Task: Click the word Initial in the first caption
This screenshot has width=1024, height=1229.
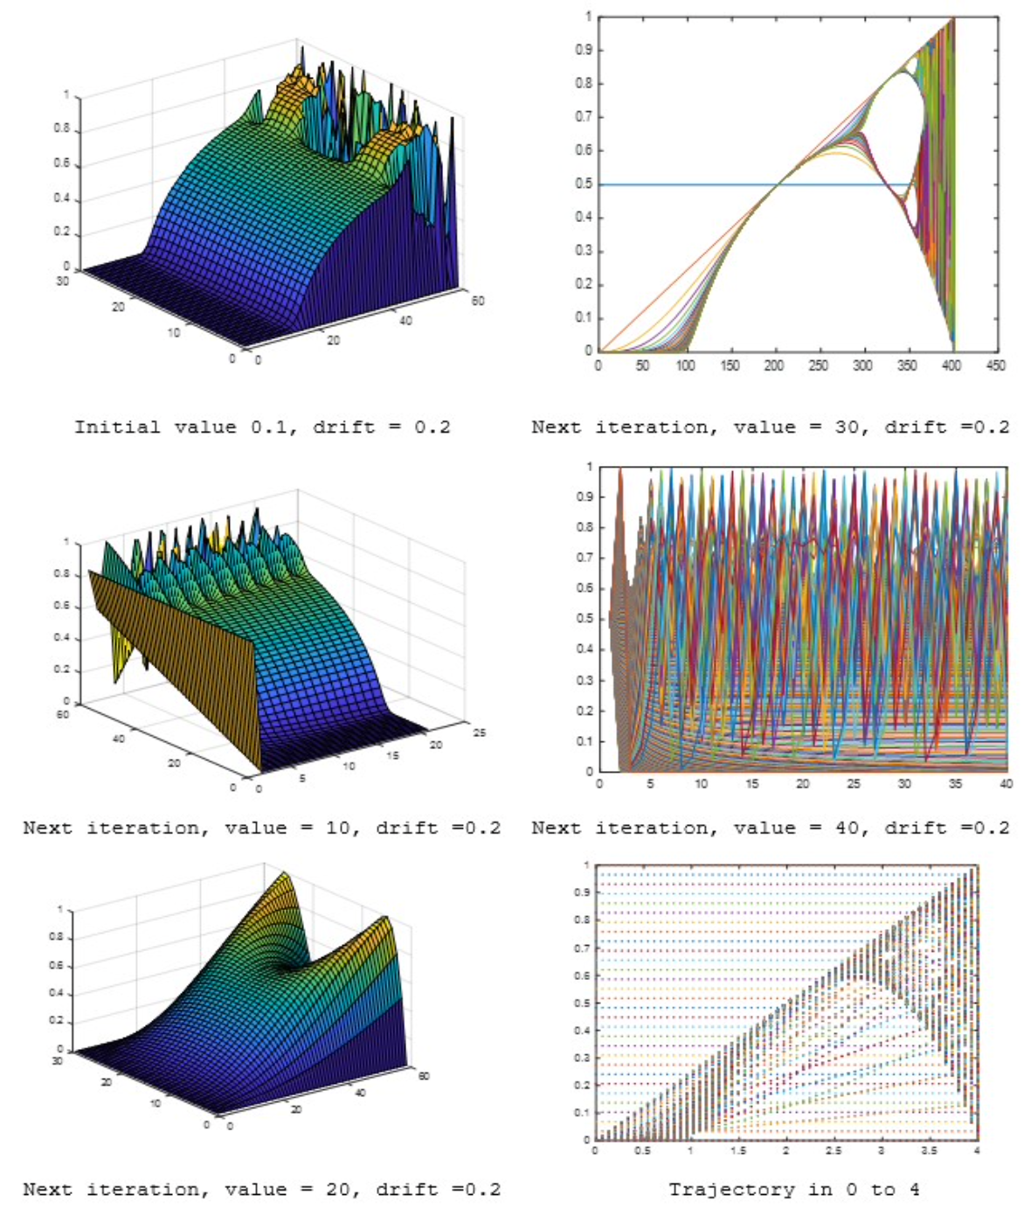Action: coord(105,427)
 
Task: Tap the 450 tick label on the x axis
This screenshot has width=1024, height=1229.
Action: coord(996,365)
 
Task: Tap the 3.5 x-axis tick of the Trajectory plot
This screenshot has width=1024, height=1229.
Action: coord(929,1150)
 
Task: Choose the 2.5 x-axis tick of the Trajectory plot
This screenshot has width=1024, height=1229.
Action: coord(834,1150)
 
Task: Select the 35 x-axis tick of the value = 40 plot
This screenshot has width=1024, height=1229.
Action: coord(955,784)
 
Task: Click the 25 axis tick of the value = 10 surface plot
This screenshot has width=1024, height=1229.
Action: coord(479,733)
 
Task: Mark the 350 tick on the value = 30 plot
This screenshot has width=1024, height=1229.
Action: coord(907,365)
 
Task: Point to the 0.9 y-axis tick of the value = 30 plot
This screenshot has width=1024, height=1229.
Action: coord(584,50)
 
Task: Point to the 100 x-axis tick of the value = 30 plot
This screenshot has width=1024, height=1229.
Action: coord(686,365)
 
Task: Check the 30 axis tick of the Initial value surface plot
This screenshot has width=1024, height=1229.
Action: coord(62,281)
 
